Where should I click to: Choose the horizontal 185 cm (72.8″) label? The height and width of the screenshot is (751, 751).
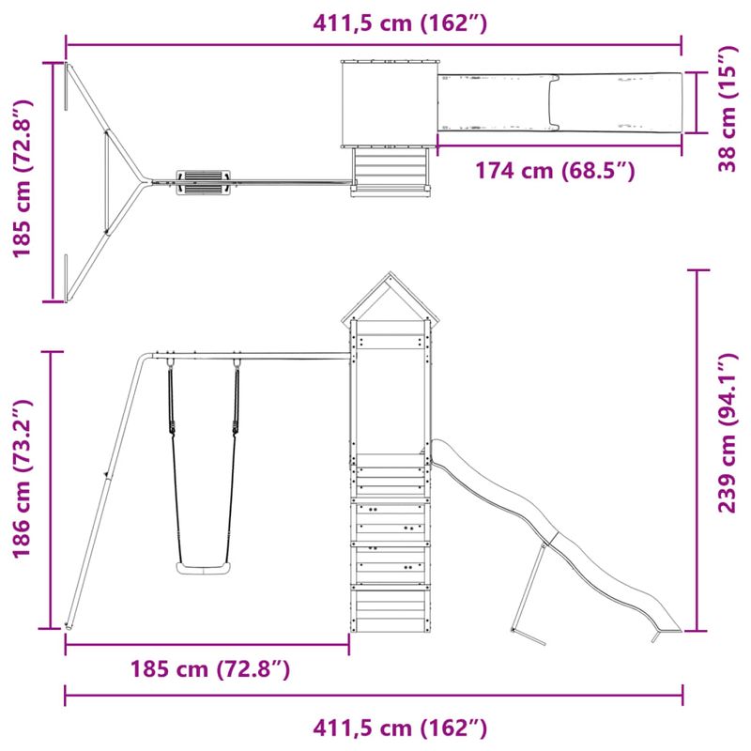209,669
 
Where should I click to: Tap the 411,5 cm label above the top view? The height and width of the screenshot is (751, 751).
401,23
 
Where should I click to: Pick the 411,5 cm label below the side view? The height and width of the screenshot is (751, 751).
401,728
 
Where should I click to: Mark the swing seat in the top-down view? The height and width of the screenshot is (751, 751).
202,181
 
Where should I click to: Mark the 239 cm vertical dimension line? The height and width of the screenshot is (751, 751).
697,449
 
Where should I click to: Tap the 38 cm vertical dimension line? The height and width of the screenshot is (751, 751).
697,102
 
